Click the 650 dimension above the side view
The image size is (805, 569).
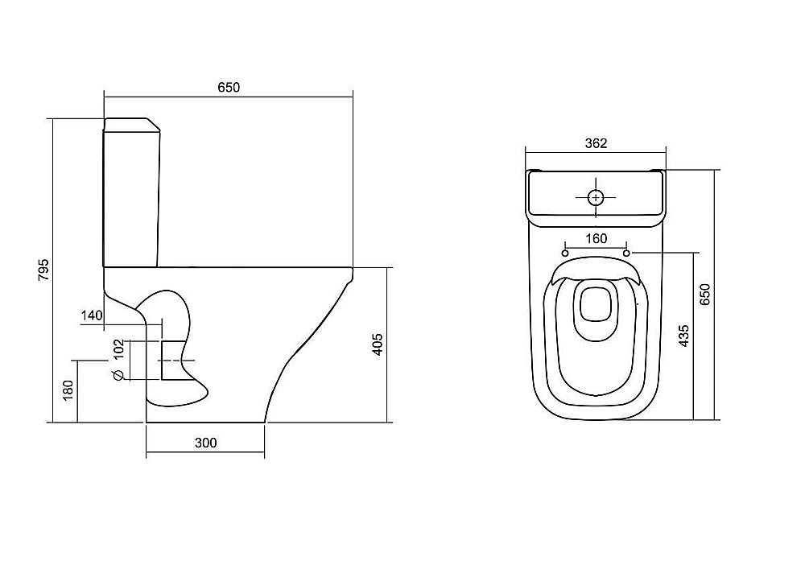coord(229,87)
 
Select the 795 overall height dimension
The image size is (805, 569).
coord(44,270)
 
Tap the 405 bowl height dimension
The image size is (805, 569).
coord(378,344)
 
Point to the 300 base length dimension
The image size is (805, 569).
coord(205,443)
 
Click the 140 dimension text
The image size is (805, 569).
coord(92,315)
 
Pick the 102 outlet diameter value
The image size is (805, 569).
coord(118,349)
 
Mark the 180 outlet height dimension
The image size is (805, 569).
coord(68,390)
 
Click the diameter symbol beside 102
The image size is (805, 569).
coord(118,375)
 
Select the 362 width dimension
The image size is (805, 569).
coord(596,143)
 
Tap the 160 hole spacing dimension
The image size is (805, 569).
coord(596,238)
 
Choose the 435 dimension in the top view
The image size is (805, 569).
coord(683,336)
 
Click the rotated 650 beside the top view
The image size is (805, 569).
coord(705,295)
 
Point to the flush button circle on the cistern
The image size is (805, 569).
coord(596,197)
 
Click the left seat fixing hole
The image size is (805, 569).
coord(565,254)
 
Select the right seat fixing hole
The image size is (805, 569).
coord(627,254)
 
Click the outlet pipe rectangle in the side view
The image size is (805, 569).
coord(173,361)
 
